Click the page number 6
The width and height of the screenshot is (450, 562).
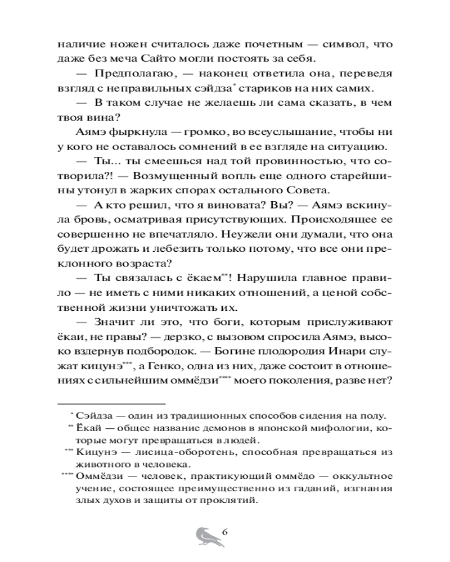pyautogui.click(x=224, y=532)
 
